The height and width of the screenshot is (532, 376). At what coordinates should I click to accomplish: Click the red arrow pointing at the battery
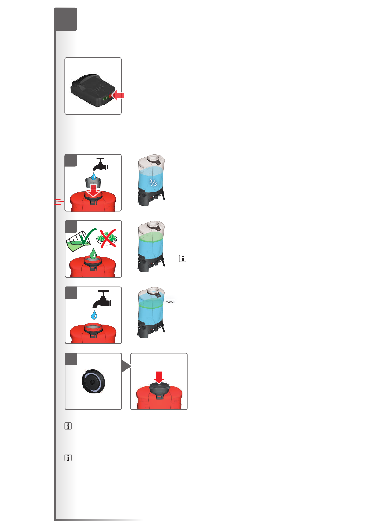tap(118, 95)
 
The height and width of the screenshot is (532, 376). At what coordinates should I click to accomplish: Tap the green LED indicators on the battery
tap(106, 98)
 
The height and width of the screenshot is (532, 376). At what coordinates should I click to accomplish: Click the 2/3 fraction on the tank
tap(153, 182)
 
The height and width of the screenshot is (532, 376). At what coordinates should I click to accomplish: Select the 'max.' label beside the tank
tap(170, 302)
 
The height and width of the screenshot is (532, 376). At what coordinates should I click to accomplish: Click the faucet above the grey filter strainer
tap(100, 164)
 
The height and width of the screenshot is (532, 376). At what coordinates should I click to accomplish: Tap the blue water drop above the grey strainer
tap(94, 176)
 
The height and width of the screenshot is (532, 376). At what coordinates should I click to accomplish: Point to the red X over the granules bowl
tap(108, 238)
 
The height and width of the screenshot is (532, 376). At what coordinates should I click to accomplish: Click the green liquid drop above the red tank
tap(93, 254)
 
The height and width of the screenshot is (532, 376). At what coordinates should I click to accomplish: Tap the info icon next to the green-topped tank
tap(183, 258)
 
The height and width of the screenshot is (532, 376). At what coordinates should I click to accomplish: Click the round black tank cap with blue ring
tap(93, 381)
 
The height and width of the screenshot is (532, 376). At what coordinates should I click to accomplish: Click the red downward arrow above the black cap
tap(159, 377)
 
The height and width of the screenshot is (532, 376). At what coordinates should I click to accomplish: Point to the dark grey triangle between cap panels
tap(126, 366)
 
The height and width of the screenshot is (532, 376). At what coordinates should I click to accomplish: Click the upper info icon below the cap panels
tap(68, 426)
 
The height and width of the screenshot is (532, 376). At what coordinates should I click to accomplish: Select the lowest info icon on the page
tap(68, 458)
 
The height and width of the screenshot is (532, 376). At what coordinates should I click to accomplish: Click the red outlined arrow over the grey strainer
tap(93, 190)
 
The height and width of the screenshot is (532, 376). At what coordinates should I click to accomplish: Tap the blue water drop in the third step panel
tap(94, 315)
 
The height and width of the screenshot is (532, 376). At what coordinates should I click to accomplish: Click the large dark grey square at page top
tap(66, 19)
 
